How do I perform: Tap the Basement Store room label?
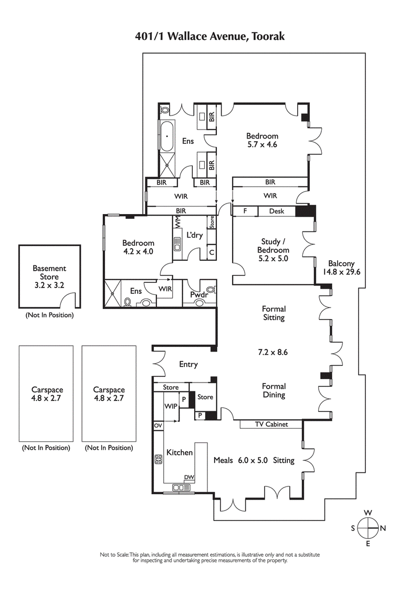[x=49, y=273]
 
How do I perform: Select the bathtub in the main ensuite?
[x=167, y=136]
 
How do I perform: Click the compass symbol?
[x=368, y=528]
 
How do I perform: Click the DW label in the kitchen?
[x=188, y=477]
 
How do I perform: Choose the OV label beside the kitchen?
[x=157, y=426]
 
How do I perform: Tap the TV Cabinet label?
[x=271, y=425]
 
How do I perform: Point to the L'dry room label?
[x=194, y=235]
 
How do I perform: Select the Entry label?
[x=188, y=364]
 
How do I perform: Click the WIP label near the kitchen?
[x=171, y=407]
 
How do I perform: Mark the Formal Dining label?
[x=274, y=390]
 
